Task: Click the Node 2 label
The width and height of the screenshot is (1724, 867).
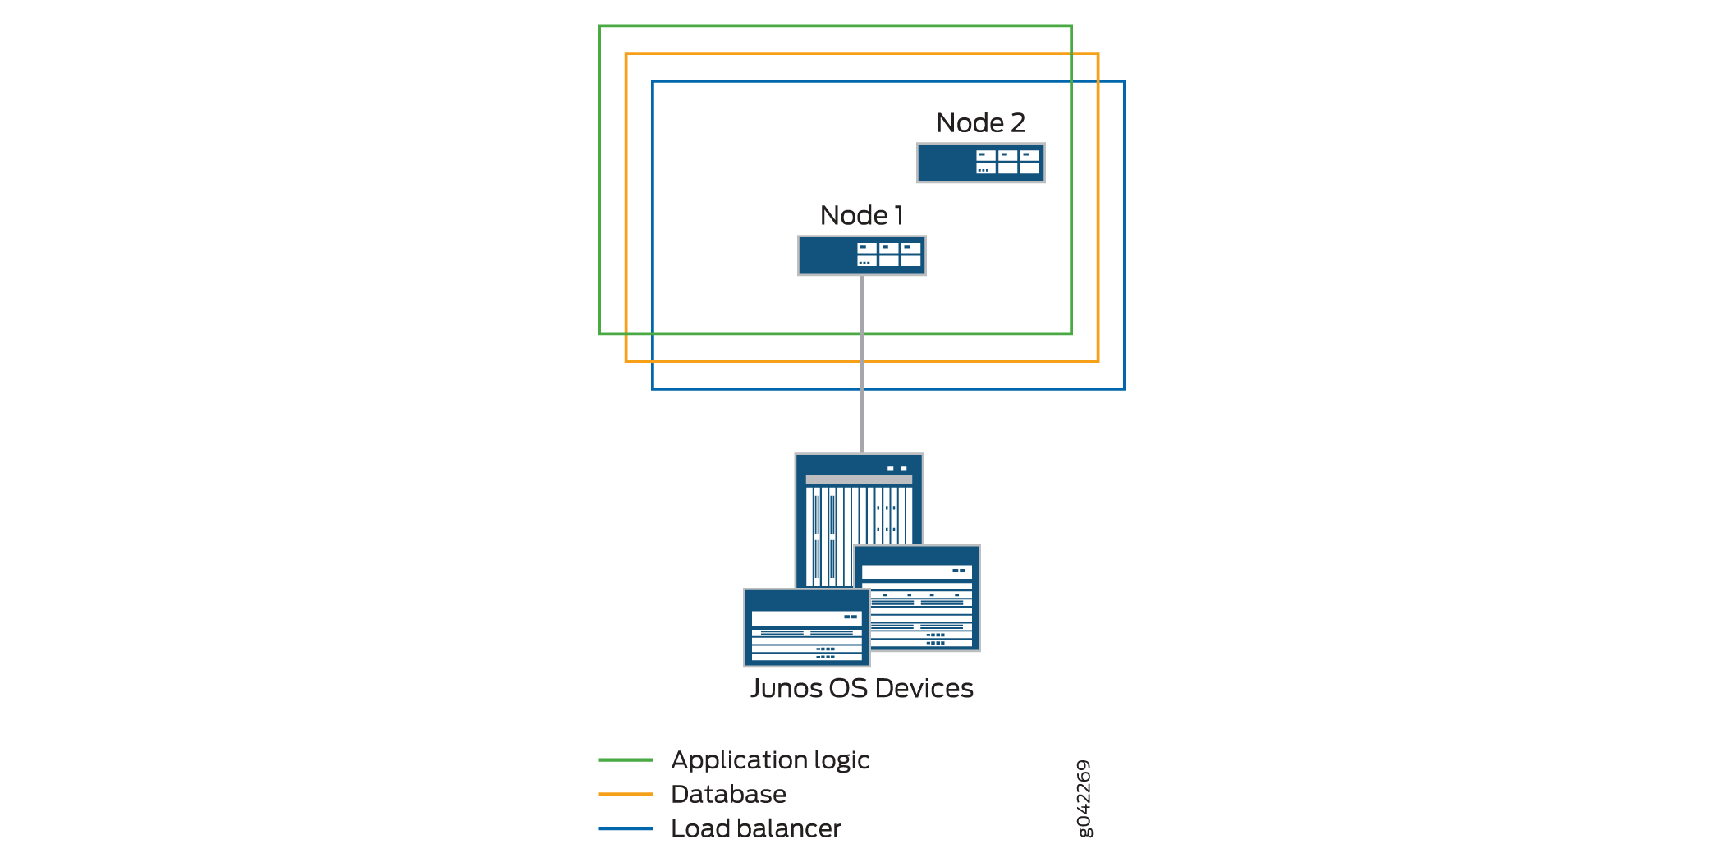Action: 980,123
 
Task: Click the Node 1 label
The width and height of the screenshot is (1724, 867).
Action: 861,216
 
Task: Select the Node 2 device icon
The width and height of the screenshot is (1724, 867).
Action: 980,163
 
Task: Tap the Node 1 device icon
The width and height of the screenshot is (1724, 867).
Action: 861,255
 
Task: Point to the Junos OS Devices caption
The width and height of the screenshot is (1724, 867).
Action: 861,688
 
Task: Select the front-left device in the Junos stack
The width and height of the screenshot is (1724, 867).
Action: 806,628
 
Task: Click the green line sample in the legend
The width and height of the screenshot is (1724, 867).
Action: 626,760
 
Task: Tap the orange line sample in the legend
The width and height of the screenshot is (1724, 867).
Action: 626,794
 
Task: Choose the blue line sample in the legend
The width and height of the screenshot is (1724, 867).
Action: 626,828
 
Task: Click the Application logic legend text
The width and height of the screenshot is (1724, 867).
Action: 770,760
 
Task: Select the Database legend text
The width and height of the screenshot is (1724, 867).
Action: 728,794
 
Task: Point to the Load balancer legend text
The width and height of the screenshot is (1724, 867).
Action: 755,828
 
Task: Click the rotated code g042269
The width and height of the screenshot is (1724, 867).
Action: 1084,798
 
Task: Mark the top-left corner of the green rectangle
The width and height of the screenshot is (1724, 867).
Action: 600,27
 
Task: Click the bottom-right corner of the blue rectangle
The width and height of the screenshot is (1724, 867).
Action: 1124,388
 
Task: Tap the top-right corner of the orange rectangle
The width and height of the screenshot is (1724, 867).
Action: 1098,54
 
